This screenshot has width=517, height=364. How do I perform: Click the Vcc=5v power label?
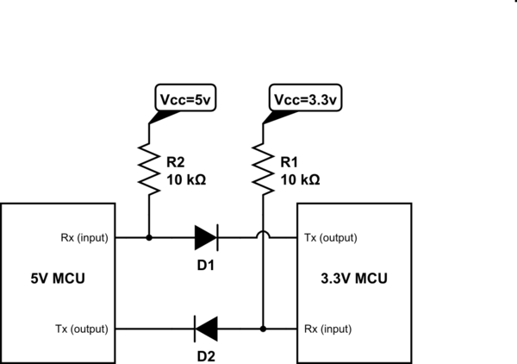pyautogui.click(x=184, y=99)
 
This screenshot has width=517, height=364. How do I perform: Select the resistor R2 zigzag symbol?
pyautogui.click(x=149, y=169)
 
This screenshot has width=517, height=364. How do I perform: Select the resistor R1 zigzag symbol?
pyautogui.click(x=261, y=169)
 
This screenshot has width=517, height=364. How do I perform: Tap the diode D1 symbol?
pyautogui.click(x=206, y=235)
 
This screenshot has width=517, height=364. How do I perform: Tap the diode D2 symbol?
pyautogui.click(x=205, y=329)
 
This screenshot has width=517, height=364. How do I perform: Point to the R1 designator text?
pyautogui.click(x=290, y=162)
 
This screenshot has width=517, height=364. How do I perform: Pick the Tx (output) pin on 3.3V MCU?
pyautogui.click(x=330, y=236)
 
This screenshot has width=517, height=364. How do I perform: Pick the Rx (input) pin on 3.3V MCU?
pyautogui.click(x=327, y=329)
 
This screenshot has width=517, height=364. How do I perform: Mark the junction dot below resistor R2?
pyautogui.click(x=149, y=235)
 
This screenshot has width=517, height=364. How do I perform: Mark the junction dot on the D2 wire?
pyautogui.click(x=261, y=329)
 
